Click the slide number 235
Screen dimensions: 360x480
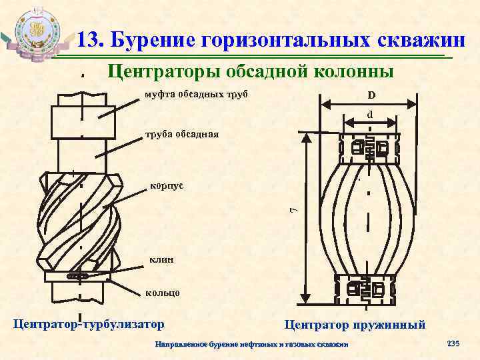pos(453,343)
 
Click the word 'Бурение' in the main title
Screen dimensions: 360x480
pos(151,40)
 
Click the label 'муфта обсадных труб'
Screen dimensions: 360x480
pos(196,95)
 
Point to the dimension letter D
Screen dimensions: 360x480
pos(371,95)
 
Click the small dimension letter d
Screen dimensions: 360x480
pos(369,115)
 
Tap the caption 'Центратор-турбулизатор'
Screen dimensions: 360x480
pos(89,325)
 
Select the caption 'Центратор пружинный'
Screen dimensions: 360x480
pos(355,325)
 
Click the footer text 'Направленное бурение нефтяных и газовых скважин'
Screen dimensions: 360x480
pos(251,345)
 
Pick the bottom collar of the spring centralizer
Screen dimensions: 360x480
pos(369,289)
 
